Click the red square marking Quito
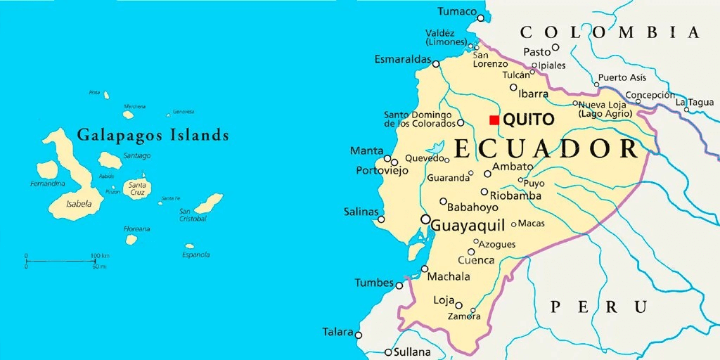click(494, 120)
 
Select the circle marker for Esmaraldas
click(436, 64)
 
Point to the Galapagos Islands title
click(153, 134)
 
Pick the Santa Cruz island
click(136, 188)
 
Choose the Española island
click(188, 246)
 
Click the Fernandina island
click(47, 169)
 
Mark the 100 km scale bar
click(60, 262)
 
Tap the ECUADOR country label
click(546, 149)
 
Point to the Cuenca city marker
click(471, 252)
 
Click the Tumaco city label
click(456, 11)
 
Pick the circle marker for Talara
click(358, 335)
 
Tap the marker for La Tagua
click(687, 109)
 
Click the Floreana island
click(131, 240)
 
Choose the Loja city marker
click(458, 305)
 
